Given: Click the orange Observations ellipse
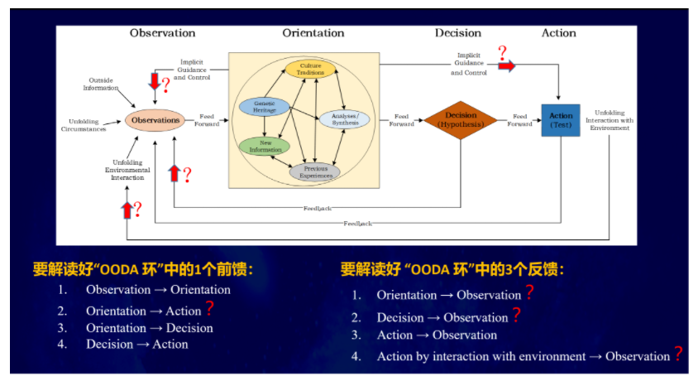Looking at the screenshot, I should (x=155, y=120).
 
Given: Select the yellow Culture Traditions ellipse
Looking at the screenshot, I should (x=313, y=69).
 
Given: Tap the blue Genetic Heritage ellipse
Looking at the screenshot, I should (x=264, y=106).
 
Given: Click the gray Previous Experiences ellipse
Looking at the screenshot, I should (x=315, y=171).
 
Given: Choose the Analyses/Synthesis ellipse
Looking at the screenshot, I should (x=342, y=119).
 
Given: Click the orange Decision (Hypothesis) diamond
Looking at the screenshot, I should (x=461, y=119).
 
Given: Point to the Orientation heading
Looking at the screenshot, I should (x=313, y=33).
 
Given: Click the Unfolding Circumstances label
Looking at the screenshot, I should (x=84, y=125).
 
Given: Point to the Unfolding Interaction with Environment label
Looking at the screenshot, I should (x=613, y=120).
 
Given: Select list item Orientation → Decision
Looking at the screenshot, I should (x=149, y=328).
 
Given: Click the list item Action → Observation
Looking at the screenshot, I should (x=437, y=335).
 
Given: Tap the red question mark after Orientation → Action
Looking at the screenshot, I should (x=209, y=309).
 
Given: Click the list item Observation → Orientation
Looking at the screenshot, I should (x=158, y=290).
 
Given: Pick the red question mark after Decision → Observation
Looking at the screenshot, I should (x=516, y=315).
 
